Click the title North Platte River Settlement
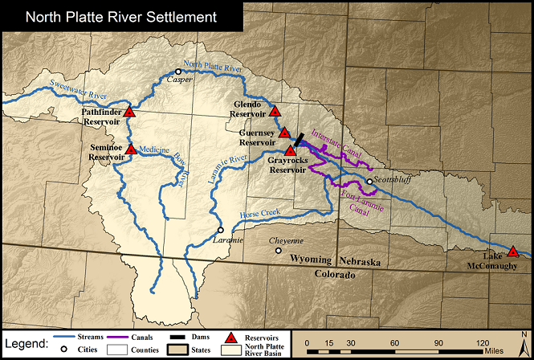[120, 15]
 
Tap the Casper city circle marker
[178, 72]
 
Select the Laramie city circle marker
[221, 230]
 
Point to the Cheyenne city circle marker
[279, 251]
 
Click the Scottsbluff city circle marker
[369, 182]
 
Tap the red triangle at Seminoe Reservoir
[130, 149]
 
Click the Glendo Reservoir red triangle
[275, 112]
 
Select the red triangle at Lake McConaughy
[513, 252]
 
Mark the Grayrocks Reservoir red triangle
[290, 150]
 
